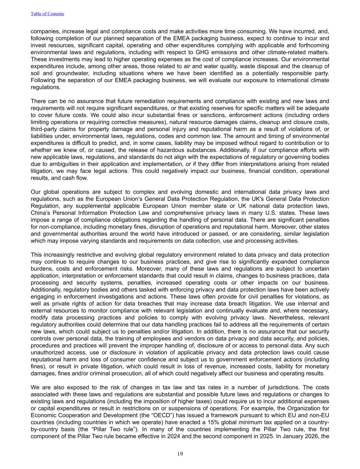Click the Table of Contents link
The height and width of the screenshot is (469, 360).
[47, 14]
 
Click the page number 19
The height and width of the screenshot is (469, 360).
[180, 454]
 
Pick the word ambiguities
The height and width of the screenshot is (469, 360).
[61, 164]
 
